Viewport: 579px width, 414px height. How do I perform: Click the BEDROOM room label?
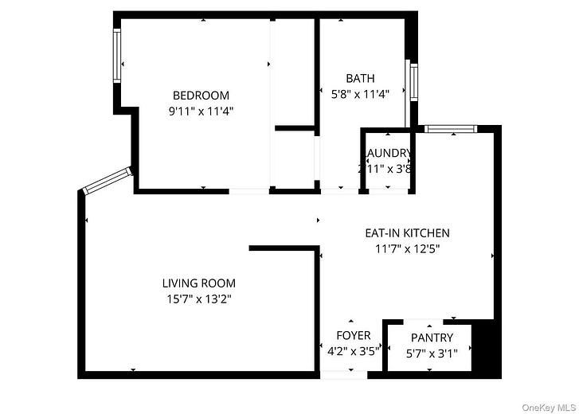pos(201,96)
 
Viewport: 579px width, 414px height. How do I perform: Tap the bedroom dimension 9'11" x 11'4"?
pos(201,112)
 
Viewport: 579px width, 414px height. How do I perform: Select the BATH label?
pos(360,78)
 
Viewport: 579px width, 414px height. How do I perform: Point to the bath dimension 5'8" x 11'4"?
pos(360,94)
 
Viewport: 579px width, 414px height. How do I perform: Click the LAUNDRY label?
pos(388,153)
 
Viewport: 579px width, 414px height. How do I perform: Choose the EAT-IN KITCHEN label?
pos(407,233)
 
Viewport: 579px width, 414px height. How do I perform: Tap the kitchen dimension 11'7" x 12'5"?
pos(407,249)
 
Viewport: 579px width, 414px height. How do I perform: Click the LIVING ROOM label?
pos(199,283)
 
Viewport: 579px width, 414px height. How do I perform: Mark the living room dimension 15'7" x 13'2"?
pos(199,299)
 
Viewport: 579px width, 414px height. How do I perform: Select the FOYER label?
pos(354,335)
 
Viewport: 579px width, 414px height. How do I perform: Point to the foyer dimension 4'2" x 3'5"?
pos(354,350)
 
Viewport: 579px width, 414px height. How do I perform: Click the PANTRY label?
pos(432,338)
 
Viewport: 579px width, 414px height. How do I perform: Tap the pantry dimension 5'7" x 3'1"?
pos(432,354)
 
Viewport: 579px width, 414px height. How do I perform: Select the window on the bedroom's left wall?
pos(116,56)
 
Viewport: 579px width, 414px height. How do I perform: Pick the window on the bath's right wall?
pos(413,80)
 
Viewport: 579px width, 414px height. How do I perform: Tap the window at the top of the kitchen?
pos(450,128)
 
